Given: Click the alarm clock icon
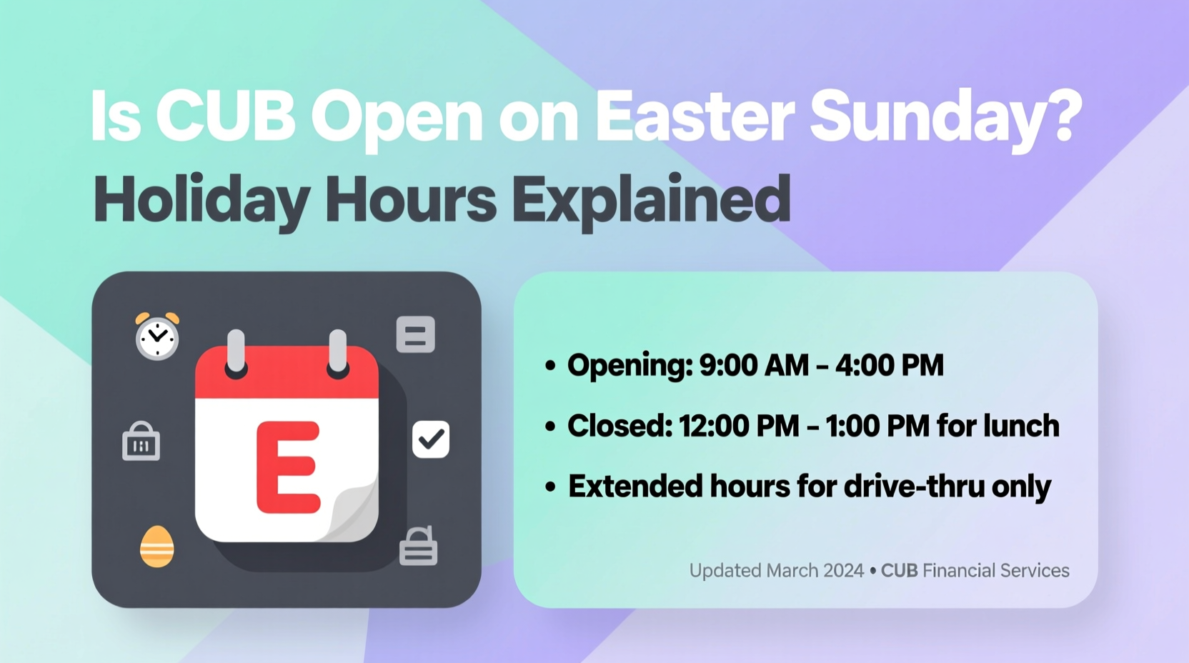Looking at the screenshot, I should [x=157, y=337].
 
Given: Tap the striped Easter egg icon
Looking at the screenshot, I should [x=157, y=547].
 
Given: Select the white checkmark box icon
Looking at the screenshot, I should [x=431, y=439].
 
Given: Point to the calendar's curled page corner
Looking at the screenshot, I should [x=354, y=511].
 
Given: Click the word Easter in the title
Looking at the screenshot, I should [x=694, y=116].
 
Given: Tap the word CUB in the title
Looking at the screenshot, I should [x=225, y=116].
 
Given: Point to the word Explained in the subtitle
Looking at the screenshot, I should [x=651, y=200].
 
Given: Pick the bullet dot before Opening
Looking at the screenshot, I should [x=550, y=367].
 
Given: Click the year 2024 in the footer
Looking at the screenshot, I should [x=843, y=571].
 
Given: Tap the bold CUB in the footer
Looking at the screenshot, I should [x=899, y=571].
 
